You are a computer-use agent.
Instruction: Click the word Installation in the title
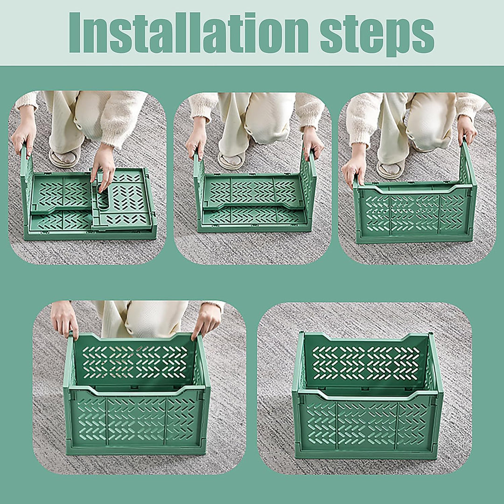[x=189, y=33]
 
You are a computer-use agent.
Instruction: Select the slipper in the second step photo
[x=231, y=160]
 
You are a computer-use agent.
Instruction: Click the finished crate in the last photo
[x=368, y=395]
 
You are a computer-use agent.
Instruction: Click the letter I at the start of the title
[x=75, y=33]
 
